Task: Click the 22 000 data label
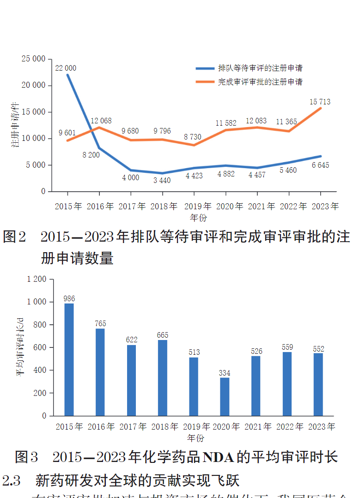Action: pos(66,68)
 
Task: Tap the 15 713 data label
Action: pos(320,102)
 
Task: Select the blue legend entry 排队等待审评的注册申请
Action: pos(260,68)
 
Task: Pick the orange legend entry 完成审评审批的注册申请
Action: pos(260,82)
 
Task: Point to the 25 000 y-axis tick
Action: pos(33,59)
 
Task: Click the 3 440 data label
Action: pos(162,180)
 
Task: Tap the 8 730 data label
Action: pos(193,137)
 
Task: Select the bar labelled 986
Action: pos(69,359)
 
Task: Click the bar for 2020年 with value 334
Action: pos(225,397)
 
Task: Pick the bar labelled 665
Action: pos(162,378)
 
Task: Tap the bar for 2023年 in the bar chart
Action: pos(318,384)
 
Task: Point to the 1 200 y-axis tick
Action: pos(37,279)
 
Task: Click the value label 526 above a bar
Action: pos(256,351)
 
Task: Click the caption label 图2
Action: pos(16,237)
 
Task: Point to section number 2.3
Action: pos(12,480)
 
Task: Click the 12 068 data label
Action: pos(101,121)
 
